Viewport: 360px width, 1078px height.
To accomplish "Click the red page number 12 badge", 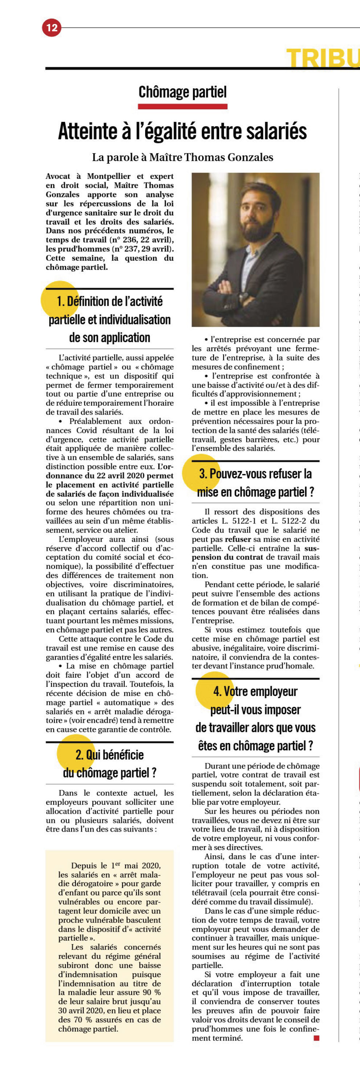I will point(52,28).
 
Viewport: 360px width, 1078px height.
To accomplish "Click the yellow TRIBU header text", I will point(322,58).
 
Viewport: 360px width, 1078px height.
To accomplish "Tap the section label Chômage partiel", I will point(183,92).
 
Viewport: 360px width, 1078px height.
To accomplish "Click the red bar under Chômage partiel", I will point(183,106).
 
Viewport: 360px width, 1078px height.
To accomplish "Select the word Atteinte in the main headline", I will point(88,131).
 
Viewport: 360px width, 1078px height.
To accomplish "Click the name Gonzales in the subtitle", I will point(250,157).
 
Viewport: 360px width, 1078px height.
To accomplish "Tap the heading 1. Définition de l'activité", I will point(110,301).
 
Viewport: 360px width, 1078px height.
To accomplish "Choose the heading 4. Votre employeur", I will point(255,691).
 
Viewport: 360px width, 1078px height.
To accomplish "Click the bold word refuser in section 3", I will point(238,539).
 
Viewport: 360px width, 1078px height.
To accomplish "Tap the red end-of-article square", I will point(316,1038).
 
